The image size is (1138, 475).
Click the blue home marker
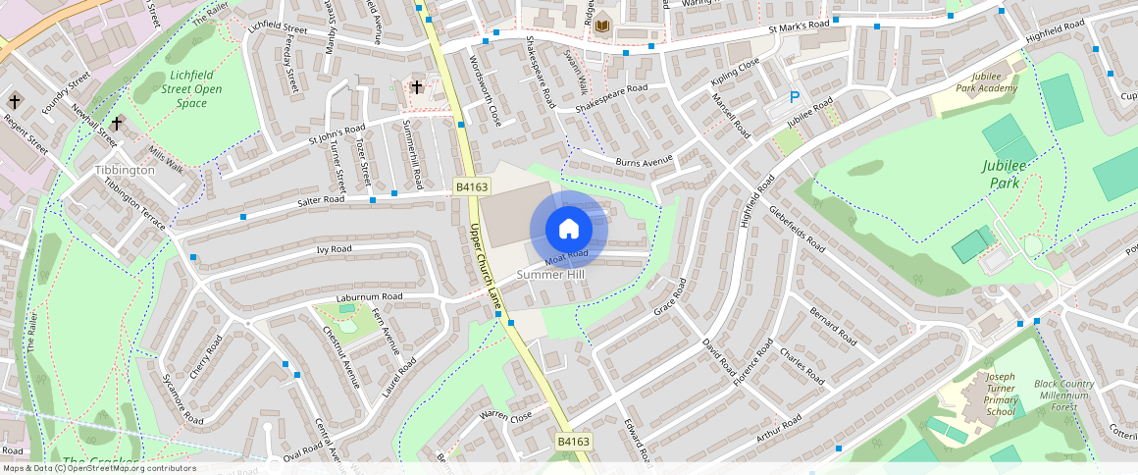click(x=569, y=230)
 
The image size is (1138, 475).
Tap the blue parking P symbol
click(x=795, y=97)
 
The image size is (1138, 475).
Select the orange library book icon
click(x=602, y=26)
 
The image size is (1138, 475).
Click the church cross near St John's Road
click(x=417, y=87)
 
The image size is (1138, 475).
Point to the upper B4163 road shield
click(x=471, y=186)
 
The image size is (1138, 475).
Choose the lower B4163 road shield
click(x=574, y=442)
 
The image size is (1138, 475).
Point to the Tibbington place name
click(x=125, y=170)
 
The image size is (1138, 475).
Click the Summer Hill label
click(x=550, y=275)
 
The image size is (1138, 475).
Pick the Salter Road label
click(x=321, y=200)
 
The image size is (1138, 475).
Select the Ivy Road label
click(x=334, y=249)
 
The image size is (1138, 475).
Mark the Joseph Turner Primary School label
click(x=1001, y=394)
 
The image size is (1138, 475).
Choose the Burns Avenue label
click(x=644, y=160)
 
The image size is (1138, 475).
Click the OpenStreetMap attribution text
click(x=98, y=468)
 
